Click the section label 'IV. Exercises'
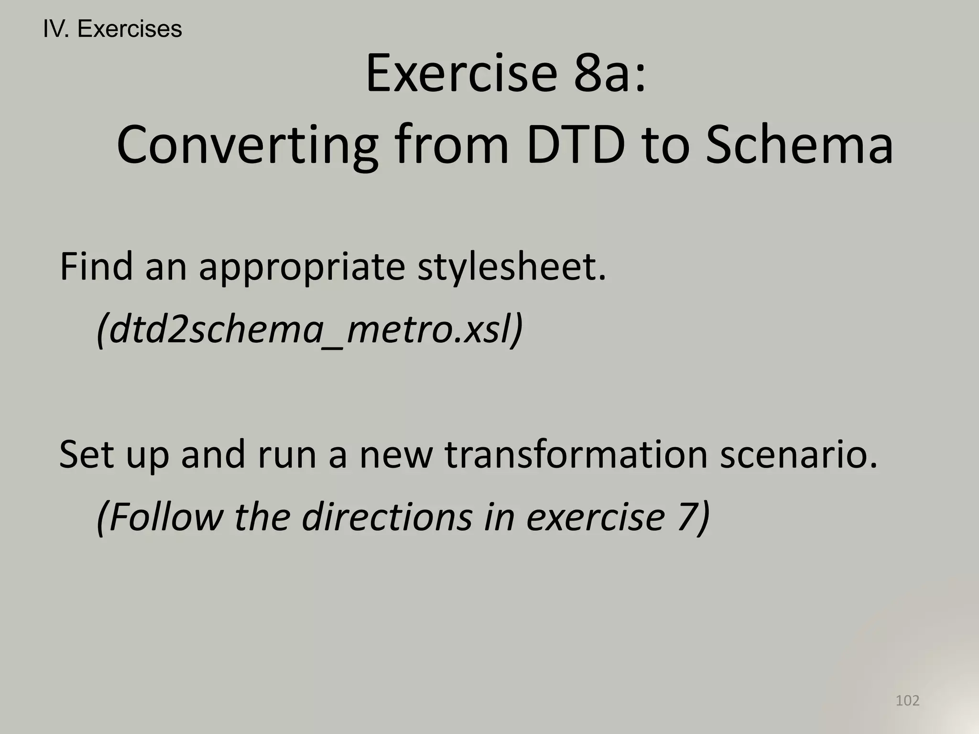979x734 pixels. (112, 29)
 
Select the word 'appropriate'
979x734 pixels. (302, 268)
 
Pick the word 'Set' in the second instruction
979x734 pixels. (86, 454)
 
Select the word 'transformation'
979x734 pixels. (576, 454)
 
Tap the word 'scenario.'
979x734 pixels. (799, 454)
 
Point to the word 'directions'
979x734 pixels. (387, 517)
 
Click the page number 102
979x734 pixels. (907, 701)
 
